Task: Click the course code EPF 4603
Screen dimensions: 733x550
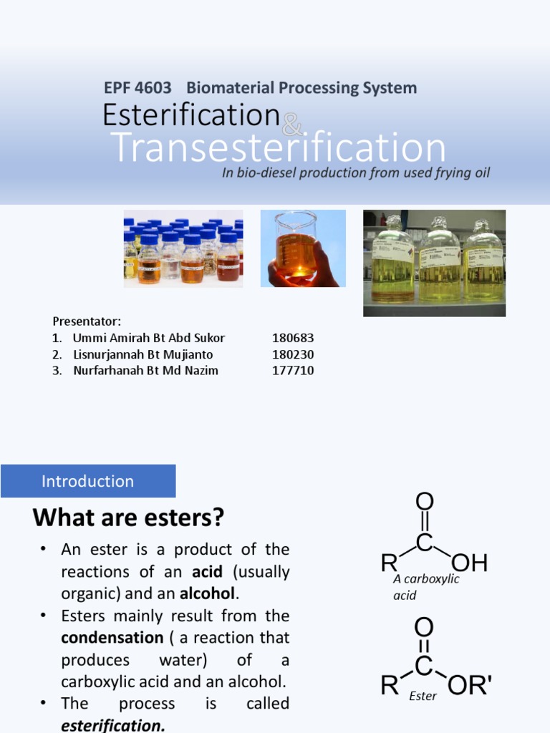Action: (x=138, y=88)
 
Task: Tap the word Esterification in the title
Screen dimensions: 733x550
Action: (x=190, y=115)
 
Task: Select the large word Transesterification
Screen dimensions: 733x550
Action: (x=279, y=147)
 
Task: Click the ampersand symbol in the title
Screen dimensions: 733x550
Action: (x=291, y=127)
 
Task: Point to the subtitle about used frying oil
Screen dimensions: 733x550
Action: (x=356, y=173)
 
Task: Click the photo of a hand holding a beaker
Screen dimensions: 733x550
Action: (x=303, y=248)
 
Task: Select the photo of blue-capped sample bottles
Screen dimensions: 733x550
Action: (x=183, y=248)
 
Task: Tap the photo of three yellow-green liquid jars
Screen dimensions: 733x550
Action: (x=434, y=263)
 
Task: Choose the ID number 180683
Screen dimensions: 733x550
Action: (x=293, y=338)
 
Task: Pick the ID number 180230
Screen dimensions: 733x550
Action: (x=293, y=354)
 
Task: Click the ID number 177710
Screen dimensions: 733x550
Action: (x=293, y=371)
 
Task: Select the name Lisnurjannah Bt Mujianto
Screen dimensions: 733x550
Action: (x=143, y=354)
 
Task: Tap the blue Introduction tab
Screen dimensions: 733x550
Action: (x=88, y=481)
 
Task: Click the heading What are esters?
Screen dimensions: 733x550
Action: (x=129, y=517)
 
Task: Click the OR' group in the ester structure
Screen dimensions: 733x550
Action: (x=470, y=686)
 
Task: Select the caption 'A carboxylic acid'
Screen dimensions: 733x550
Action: (x=425, y=587)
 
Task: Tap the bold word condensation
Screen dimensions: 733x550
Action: (x=112, y=638)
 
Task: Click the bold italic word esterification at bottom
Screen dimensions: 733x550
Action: (x=113, y=725)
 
